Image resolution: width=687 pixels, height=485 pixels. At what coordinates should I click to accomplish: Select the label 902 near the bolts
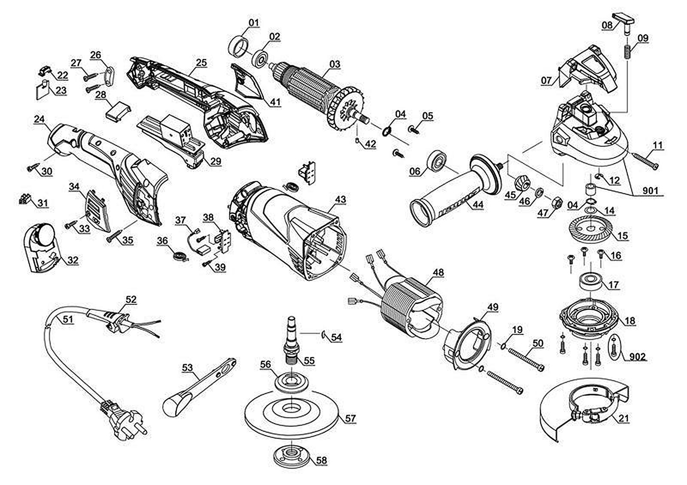[x=637, y=357]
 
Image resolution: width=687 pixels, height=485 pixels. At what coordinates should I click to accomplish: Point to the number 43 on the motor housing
[x=340, y=200]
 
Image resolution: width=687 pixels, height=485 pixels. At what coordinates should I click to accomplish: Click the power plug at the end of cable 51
[x=122, y=420]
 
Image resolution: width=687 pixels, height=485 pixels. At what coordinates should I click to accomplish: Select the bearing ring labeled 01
[x=238, y=47]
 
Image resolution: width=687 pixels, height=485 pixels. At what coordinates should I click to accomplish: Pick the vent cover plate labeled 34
[x=96, y=210]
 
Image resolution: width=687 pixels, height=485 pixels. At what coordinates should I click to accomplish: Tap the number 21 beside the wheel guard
[x=624, y=418]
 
